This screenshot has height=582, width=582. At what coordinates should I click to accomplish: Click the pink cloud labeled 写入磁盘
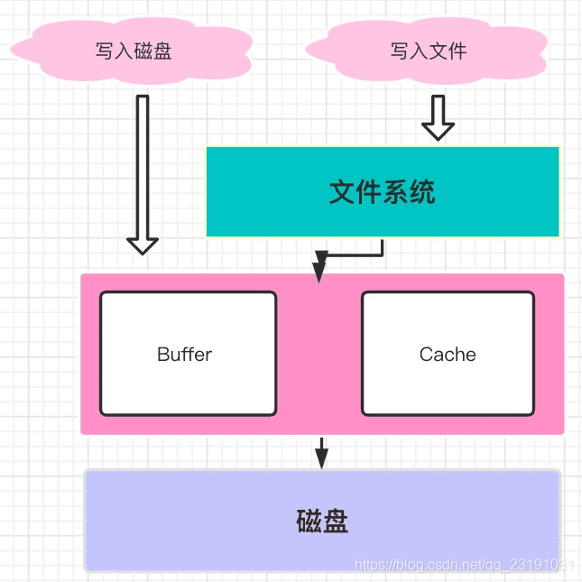click(x=135, y=51)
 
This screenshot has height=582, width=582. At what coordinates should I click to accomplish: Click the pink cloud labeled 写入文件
click(x=428, y=51)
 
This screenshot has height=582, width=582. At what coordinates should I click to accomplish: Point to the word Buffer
click(x=184, y=355)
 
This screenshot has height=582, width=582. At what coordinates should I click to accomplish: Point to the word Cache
click(x=448, y=355)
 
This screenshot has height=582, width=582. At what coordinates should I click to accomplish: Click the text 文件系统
click(x=383, y=192)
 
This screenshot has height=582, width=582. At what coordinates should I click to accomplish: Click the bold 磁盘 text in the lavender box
click(x=322, y=522)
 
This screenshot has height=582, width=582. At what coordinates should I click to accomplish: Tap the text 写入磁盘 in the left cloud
click(x=134, y=51)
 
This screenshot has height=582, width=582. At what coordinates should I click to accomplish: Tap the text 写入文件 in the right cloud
click(x=429, y=51)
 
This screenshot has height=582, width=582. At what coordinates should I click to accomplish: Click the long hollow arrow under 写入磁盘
click(x=143, y=171)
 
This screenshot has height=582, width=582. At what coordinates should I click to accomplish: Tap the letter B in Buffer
click(x=163, y=355)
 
